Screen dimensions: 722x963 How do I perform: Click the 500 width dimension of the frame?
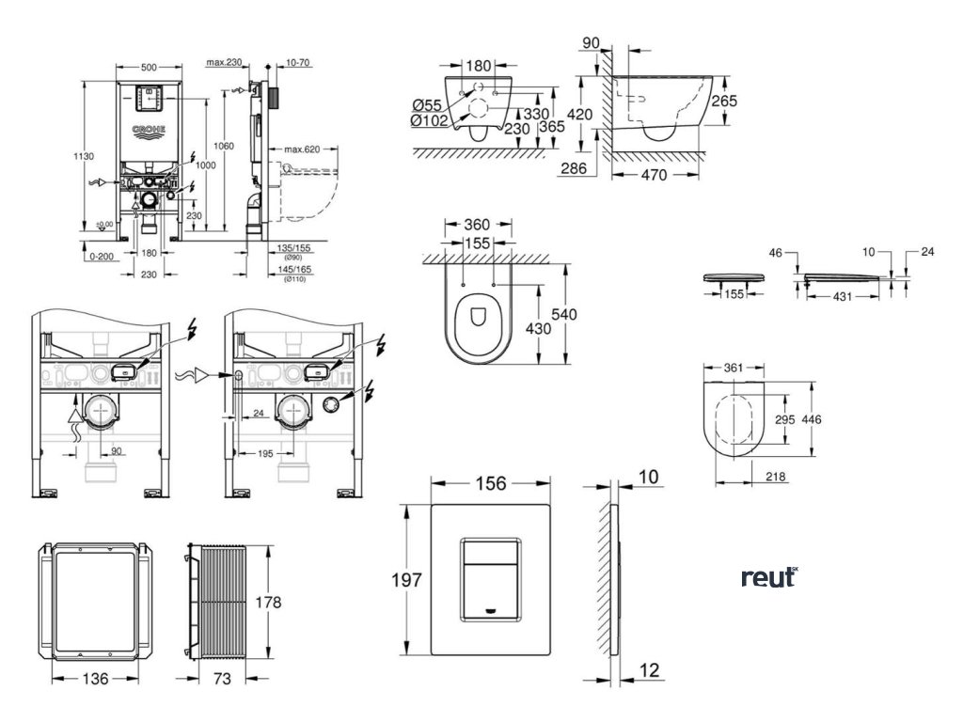pos(150,68)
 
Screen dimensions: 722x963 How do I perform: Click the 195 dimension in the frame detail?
pos(266,454)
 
